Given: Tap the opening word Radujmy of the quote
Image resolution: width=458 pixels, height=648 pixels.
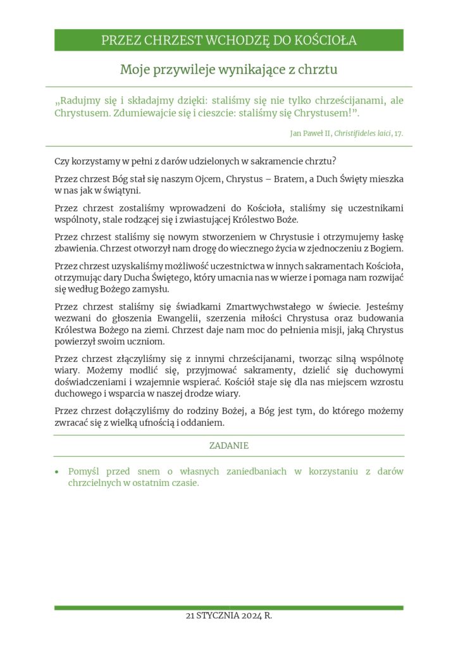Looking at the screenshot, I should [x=79, y=101].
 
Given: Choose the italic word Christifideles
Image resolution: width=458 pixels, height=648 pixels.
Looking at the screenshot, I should [x=358, y=134].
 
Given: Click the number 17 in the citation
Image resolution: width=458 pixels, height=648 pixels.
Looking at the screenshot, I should [x=397, y=134].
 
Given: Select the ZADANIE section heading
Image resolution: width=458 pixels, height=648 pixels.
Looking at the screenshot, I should [x=229, y=445].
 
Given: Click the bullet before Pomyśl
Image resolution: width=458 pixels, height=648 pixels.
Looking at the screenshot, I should [x=58, y=471].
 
